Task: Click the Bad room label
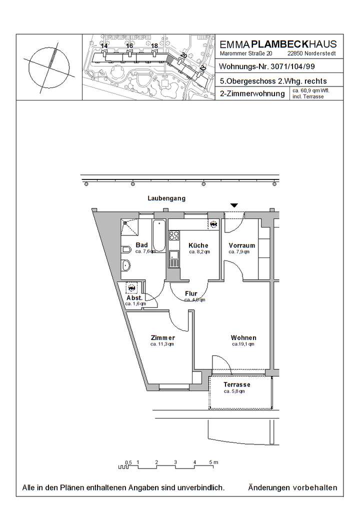tap(141, 245)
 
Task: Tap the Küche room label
tap(198, 245)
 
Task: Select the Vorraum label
tap(242, 245)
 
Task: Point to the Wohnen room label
tap(243, 337)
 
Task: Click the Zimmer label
tap(162, 337)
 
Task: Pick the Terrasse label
tap(237, 384)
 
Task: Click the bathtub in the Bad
tap(159, 235)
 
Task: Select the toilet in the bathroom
tap(125, 250)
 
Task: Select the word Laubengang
tap(166, 198)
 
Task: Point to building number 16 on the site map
tap(129, 46)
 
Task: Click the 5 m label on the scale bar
tap(213, 462)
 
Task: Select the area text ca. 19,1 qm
tap(243, 344)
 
